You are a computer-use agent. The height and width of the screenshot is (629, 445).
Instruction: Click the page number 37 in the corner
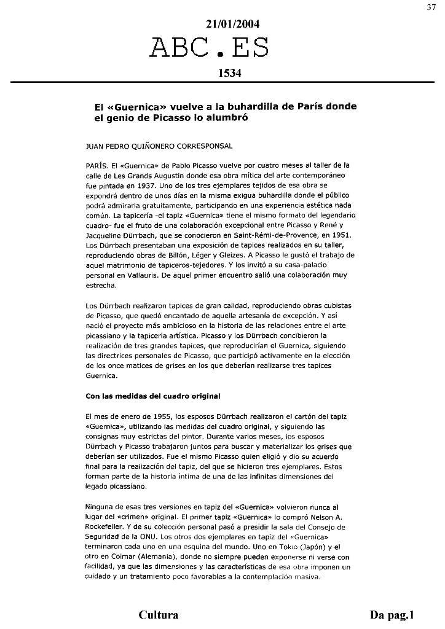tap(431, 7)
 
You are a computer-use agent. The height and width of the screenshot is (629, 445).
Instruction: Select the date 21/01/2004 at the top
tap(233, 25)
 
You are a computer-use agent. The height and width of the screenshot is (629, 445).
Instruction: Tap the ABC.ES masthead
tap(210, 49)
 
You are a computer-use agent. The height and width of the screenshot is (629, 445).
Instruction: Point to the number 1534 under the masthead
tap(229, 73)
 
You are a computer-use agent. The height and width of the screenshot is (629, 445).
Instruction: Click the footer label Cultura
tap(159, 614)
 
